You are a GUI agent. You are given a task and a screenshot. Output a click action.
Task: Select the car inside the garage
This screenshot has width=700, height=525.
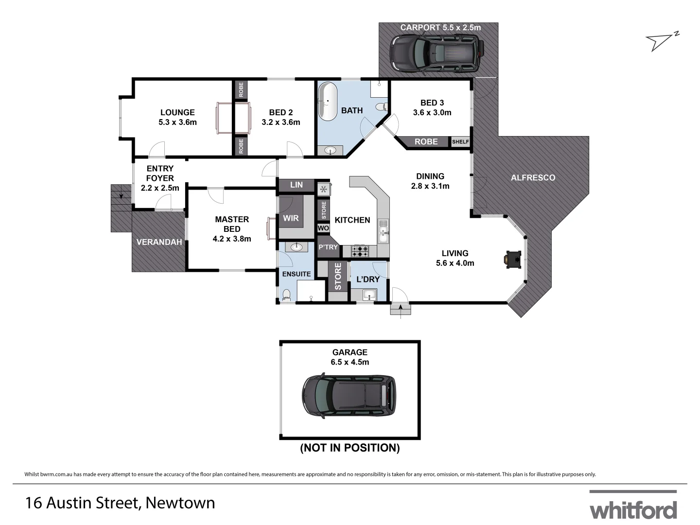point(349,396)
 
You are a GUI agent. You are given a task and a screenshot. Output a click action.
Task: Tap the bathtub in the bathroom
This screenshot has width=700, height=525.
point(328,102)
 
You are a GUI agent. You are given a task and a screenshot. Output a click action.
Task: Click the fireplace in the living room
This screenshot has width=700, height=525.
point(512,260)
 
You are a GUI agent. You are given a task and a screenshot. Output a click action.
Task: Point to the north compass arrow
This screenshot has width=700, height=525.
point(661,42)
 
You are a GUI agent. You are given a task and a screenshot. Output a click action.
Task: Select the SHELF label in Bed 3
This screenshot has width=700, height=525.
point(460,142)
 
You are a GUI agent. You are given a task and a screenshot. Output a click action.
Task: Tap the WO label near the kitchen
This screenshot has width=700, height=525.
point(323,228)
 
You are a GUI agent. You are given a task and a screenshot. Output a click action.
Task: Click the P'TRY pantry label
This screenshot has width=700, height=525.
point(328,247)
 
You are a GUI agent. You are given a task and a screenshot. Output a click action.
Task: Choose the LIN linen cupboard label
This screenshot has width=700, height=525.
point(296,185)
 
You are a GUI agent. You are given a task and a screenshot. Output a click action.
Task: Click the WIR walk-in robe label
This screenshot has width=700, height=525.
point(291,218)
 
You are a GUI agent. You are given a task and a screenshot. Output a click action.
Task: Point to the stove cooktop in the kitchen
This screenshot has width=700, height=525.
point(360,251)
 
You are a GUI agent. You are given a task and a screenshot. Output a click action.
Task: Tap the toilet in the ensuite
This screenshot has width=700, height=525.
point(286,294)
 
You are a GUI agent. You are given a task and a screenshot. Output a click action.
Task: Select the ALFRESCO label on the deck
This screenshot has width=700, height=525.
point(533,178)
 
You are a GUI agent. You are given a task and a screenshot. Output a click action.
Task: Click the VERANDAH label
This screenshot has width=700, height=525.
point(159,242)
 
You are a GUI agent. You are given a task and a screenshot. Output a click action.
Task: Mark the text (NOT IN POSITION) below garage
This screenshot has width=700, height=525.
point(350,448)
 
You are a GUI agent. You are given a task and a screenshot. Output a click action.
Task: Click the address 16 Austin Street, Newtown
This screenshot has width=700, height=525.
point(120,503)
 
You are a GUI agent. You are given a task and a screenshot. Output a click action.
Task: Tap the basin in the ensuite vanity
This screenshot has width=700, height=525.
point(296,247)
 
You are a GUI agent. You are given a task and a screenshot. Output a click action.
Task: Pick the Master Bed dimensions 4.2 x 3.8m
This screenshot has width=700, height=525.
point(232,239)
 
